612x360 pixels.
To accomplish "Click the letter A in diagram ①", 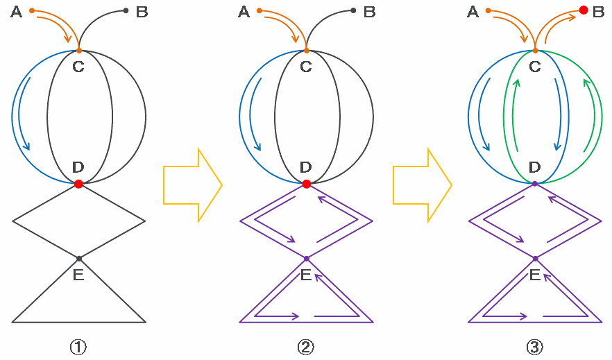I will [x=17, y=12].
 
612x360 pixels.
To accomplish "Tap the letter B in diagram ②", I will [x=369, y=12].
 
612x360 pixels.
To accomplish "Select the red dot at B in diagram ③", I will [x=584, y=10].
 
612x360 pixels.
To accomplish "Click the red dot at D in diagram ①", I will [x=78, y=184].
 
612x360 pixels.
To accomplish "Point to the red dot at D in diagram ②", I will [x=307, y=184].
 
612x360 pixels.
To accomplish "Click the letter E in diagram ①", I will [x=78, y=275].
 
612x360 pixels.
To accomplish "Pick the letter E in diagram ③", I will [x=535, y=275].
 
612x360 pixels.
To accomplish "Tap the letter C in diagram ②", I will [x=306, y=67].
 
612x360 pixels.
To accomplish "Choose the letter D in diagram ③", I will [x=534, y=167].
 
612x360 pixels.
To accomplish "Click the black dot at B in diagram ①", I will [x=126, y=10].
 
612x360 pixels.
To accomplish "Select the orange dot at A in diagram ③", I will [x=488, y=10].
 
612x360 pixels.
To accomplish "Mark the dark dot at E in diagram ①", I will [x=79, y=258].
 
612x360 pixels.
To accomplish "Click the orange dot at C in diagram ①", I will [x=78, y=51].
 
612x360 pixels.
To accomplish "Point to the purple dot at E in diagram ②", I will [x=307, y=258].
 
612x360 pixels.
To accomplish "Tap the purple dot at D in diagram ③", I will [x=535, y=184].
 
